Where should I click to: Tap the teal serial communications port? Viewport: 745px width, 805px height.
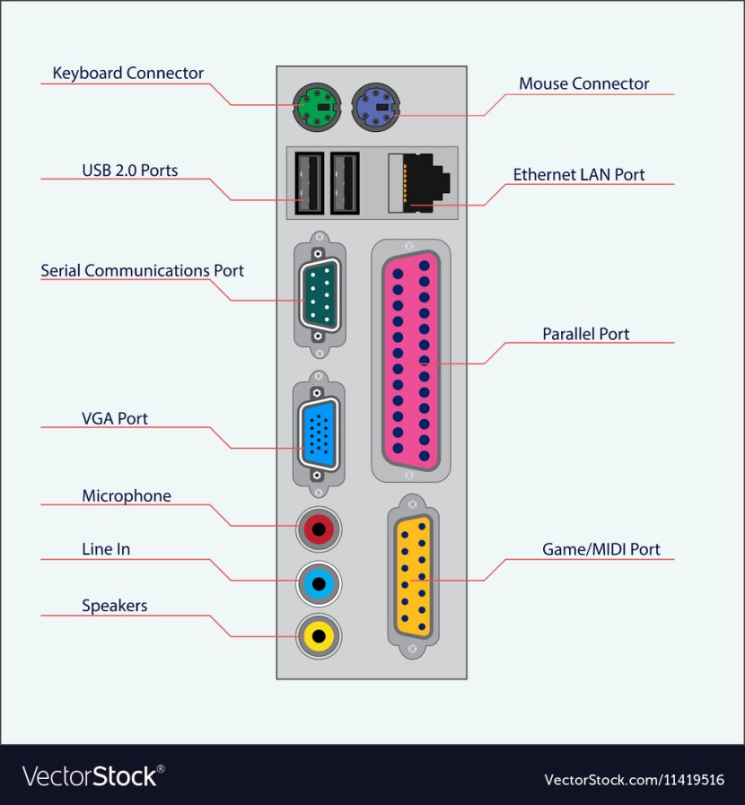tap(318, 293)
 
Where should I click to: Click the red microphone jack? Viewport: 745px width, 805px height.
tap(318, 529)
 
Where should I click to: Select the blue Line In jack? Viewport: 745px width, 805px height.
tap(319, 583)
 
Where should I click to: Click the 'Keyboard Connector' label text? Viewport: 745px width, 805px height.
tap(128, 74)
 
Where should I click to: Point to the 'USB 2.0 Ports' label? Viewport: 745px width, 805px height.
tap(129, 170)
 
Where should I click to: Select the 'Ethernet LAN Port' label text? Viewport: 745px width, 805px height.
tap(579, 174)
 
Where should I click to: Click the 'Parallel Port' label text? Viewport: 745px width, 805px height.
tap(585, 334)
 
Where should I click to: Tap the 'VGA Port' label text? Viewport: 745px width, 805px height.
tap(115, 418)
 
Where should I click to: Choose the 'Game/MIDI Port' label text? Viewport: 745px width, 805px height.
tap(600, 549)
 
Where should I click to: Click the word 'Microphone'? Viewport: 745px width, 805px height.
tap(126, 495)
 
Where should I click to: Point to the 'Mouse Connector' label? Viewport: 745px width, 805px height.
tap(583, 83)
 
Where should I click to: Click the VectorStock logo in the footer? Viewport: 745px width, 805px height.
tap(93, 776)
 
